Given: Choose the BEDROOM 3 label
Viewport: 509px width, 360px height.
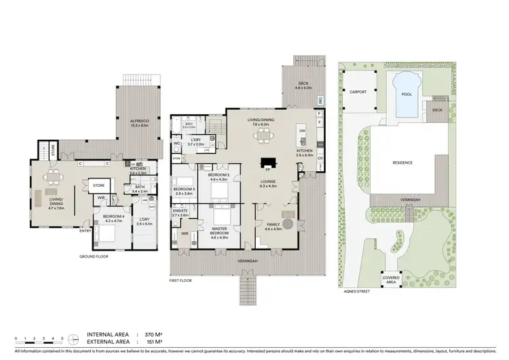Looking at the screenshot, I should (x=184, y=191).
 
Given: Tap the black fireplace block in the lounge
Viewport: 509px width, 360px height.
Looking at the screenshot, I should (x=269, y=163).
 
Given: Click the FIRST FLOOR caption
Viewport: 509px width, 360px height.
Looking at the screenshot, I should (x=181, y=280).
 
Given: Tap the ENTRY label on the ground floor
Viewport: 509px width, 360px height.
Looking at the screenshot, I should (x=86, y=231).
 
